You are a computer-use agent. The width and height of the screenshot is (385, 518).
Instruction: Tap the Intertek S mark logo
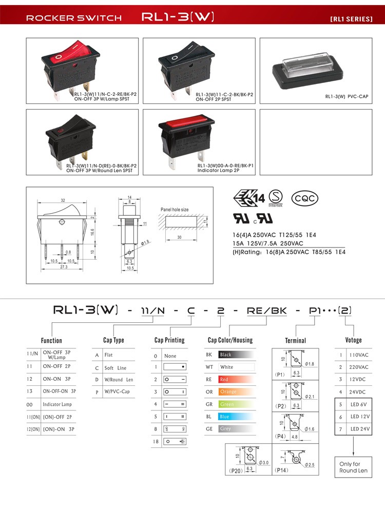277,197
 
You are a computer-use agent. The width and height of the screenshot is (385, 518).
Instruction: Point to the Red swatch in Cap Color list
236,380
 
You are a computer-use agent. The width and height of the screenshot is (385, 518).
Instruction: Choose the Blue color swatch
236,417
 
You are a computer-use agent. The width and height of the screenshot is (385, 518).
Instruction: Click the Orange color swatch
236,392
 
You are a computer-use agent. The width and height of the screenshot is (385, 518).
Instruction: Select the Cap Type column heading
113,340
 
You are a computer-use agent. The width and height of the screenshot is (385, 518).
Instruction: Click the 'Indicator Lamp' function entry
57,404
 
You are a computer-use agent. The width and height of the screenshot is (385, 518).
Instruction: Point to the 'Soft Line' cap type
115,367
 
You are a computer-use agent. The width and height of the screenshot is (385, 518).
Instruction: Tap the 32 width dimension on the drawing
62,200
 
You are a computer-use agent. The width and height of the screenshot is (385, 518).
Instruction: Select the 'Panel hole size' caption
175,210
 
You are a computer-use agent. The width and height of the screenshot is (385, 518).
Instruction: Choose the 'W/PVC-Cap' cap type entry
118,392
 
